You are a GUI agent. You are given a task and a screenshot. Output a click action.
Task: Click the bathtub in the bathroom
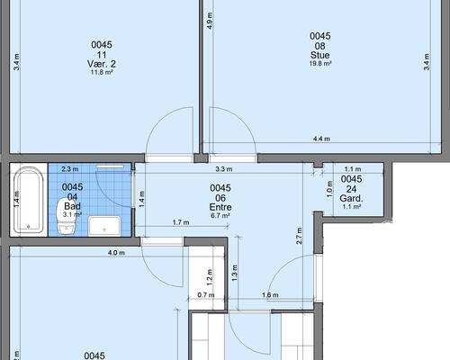[29, 201]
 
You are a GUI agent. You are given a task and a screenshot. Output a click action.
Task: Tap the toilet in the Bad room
[67, 216]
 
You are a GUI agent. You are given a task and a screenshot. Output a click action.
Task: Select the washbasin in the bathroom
[104, 226]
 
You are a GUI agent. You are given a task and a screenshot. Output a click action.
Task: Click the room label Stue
[320, 55]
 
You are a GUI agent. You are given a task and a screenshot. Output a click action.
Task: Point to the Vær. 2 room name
[102, 64]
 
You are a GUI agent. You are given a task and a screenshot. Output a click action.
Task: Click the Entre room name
[220, 207]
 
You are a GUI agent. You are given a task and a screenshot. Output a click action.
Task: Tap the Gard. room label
[351, 198]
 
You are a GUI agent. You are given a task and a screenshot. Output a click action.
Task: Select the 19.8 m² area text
[320, 64]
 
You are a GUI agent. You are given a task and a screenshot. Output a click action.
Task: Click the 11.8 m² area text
[102, 72]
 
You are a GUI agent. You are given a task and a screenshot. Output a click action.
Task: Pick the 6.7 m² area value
[220, 215]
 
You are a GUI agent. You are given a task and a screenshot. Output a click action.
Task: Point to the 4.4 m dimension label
[321, 139]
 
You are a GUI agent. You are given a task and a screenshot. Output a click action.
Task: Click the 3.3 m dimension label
[224, 169]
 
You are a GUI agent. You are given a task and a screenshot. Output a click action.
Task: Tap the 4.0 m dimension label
[116, 253]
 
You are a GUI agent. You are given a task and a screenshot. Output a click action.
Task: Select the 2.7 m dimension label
[299, 236]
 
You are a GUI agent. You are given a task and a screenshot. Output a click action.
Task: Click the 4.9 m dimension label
[210, 21]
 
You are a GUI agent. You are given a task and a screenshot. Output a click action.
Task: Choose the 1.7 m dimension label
[181, 222]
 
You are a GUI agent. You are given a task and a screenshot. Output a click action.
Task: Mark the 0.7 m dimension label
[206, 295]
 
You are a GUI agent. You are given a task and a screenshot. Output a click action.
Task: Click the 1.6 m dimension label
[270, 295]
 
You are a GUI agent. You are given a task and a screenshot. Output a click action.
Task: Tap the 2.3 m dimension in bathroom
[70, 169]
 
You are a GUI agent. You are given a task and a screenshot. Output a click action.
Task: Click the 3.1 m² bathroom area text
[72, 214]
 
